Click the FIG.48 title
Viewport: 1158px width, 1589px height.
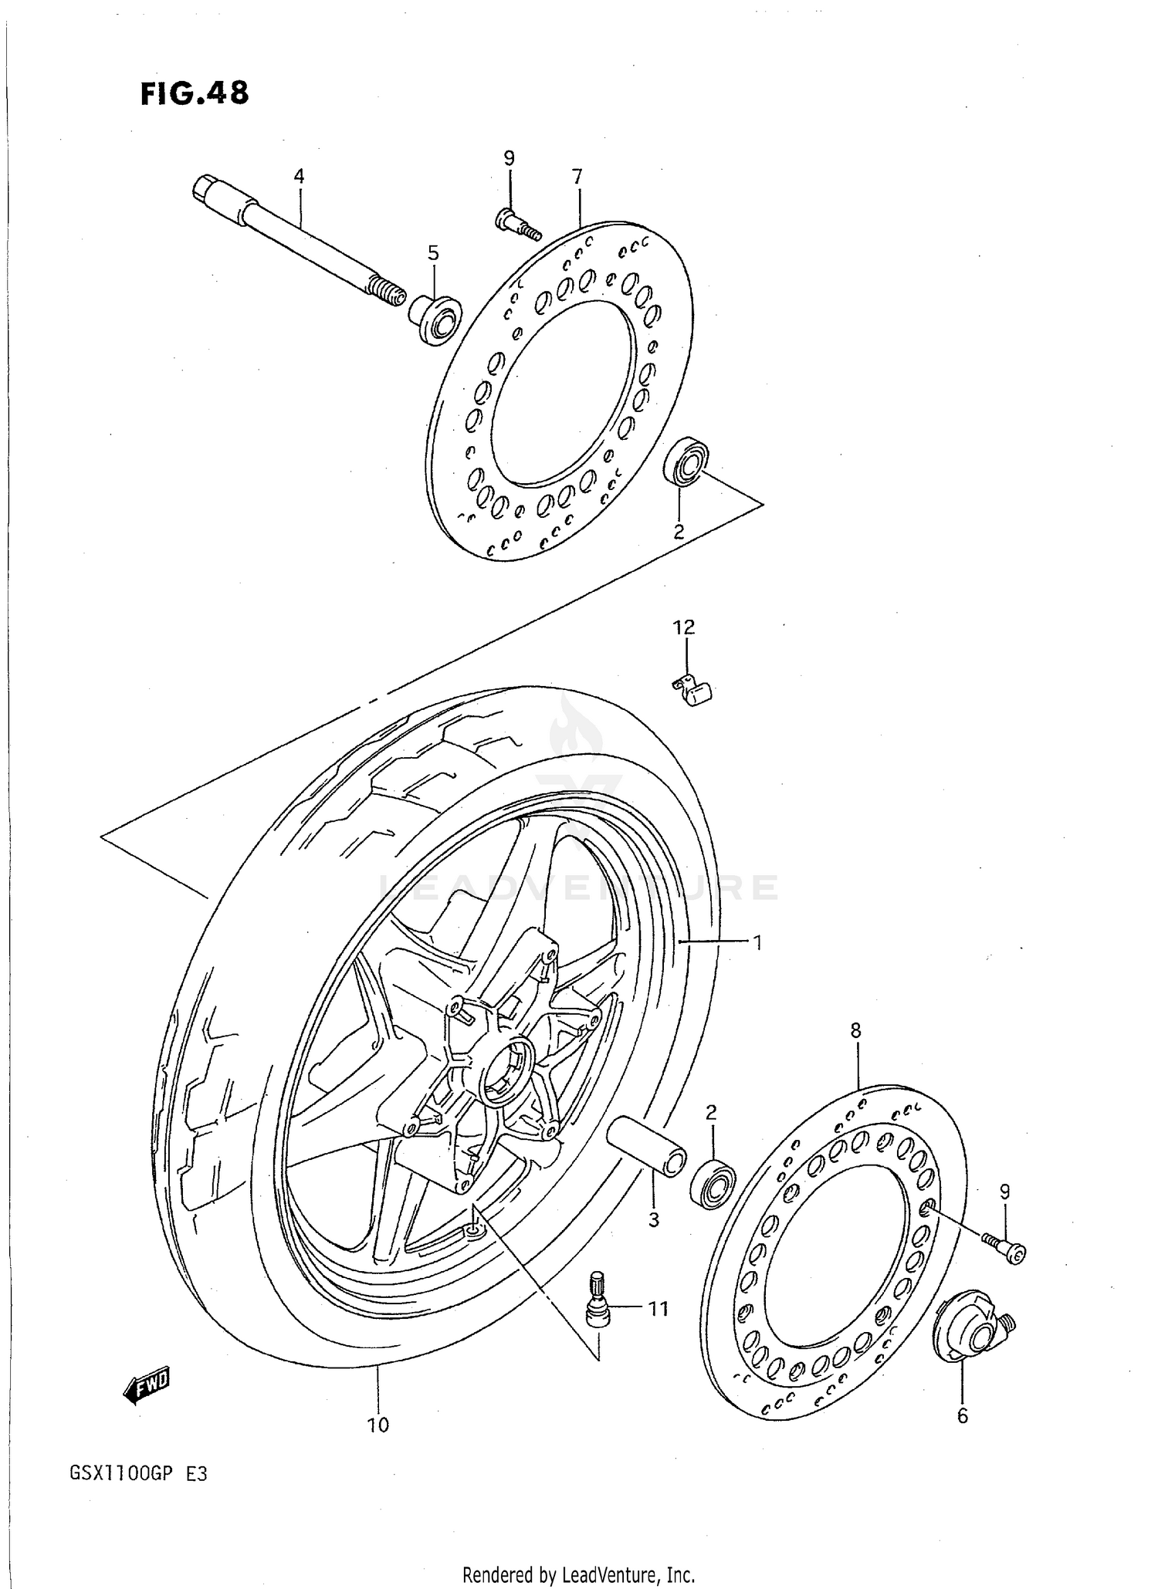click(x=195, y=93)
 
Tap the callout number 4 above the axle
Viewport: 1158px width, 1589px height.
click(x=299, y=176)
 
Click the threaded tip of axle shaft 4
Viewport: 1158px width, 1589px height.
click(x=388, y=293)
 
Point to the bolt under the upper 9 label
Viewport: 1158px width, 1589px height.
click(x=516, y=223)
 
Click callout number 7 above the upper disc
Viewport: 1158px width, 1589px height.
click(x=577, y=176)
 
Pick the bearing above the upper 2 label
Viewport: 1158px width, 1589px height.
click(x=686, y=462)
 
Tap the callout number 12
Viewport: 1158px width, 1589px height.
click(x=684, y=627)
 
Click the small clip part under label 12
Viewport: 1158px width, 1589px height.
click(x=693, y=690)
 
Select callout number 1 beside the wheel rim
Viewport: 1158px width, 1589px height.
click(x=757, y=942)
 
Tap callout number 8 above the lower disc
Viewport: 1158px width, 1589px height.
click(x=855, y=1030)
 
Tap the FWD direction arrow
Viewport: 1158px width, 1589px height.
click(x=146, y=1384)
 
